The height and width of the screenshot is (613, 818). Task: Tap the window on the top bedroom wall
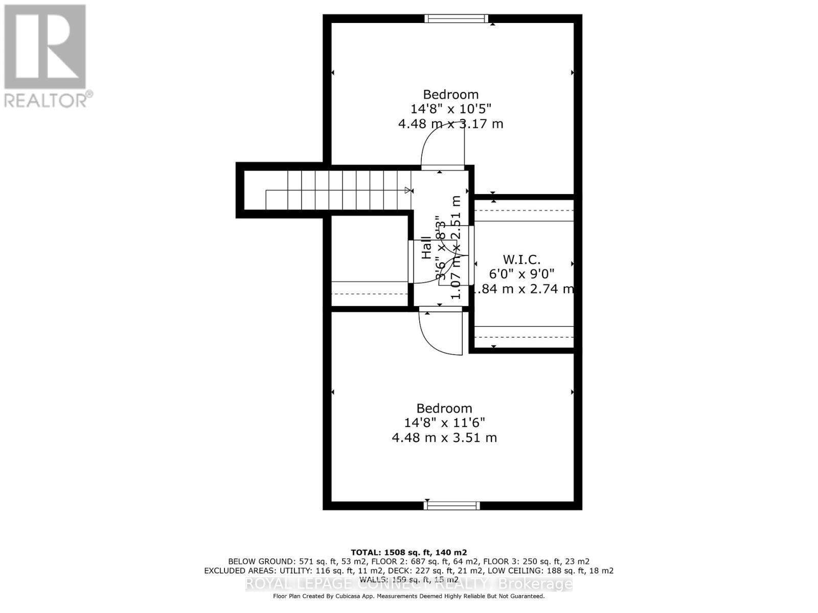click(456, 19)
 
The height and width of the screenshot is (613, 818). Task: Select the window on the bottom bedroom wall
click(452, 505)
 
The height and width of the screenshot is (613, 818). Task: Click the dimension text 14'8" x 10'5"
click(450, 109)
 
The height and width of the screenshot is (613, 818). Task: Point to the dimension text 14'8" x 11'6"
click(444, 422)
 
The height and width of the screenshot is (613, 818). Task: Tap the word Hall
click(426, 248)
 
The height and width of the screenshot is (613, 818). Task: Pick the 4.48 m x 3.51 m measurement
click(444, 438)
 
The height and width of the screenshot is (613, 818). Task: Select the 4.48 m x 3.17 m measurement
click(450, 124)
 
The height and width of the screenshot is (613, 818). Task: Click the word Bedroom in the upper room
click(450, 95)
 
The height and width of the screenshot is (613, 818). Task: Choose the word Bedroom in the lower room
click(444, 408)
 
